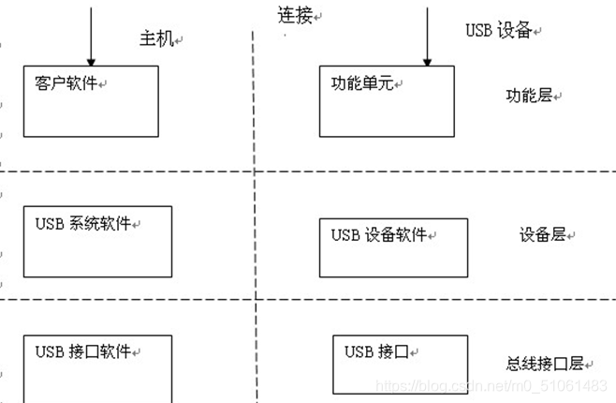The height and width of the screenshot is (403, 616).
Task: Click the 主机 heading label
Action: [x=156, y=38]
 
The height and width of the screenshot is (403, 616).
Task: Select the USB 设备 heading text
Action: [x=499, y=30]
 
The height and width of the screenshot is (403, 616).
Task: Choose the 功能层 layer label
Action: [x=530, y=96]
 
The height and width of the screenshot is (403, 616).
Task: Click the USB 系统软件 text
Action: [x=83, y=224]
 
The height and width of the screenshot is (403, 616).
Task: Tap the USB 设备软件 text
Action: [x=379, y=235]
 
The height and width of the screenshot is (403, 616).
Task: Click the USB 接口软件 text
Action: [x=83, y=352]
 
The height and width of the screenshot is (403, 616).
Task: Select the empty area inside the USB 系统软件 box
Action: [x=97, y=256]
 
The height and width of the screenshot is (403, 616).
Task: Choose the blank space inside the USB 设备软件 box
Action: [x=392, y=261]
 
